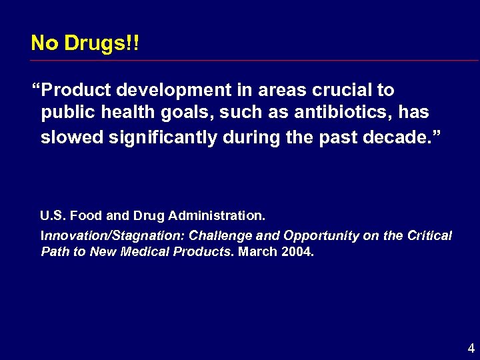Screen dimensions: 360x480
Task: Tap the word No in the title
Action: pyautogui.click(x=45, y=43)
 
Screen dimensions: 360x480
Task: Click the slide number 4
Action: pyautogui.click(x=471, y=348)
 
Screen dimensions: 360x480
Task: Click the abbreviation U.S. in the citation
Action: pyautogui.click(x=53, y=215)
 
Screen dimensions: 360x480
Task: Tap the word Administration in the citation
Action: pyautogui.click(x=217, y=215)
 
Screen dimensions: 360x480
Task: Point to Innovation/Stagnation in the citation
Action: pyautogui.click(x=113, y=235)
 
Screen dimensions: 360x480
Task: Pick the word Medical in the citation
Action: pyautogui.click(x=151, y=253)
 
